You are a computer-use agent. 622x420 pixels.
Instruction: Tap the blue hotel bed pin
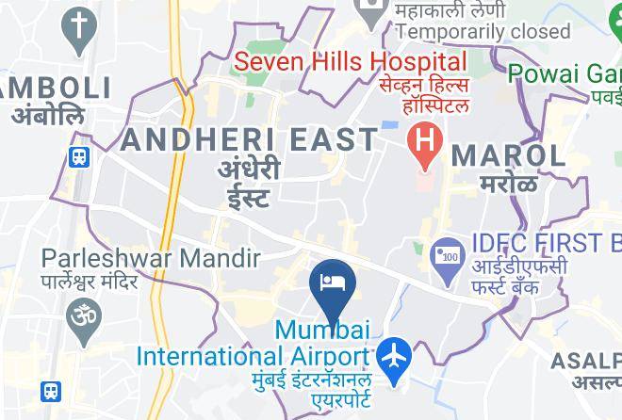pyautogui.click(x=333, y=282)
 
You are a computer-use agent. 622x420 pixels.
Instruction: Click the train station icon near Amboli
pyautogui.click(x=79, y=157)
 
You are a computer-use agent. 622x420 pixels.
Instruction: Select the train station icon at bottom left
pyautogui.click(x=52, y=390)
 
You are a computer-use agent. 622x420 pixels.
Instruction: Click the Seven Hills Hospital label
pyautogui.click(x=351, y=63)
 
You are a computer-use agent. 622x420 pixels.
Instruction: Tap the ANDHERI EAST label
pyautogui.click(x=250, y=140)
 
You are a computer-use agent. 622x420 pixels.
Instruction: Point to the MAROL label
pyautogui.click(x=508, y=154)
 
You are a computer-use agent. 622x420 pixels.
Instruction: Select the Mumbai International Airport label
pyautogui.click(x=254, y=345)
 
